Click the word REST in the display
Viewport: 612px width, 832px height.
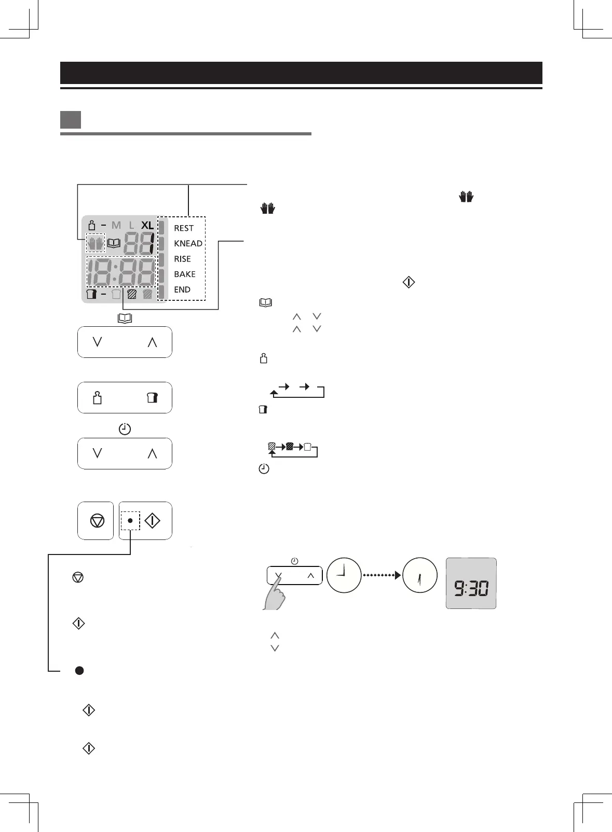[x=184, y=228]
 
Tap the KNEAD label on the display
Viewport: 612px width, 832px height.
[x=188, y=244]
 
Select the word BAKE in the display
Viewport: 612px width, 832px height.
[x=185, y=274]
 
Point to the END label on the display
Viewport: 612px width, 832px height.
[x=182, y=290]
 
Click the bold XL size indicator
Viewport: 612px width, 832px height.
[x=147, y=226]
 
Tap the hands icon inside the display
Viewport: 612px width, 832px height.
[x=96, y=243]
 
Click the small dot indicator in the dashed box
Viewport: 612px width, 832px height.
[x=130, y=520]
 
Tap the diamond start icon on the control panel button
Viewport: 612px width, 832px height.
[x=152, y=521]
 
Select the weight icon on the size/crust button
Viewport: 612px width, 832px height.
[x=97, y=398]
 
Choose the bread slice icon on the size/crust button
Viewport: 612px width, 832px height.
[x=152, y=398]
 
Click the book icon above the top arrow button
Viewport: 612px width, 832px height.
[x=125, y=318]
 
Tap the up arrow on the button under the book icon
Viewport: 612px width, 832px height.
[x=152, y=342]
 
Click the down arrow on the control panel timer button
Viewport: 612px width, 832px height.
[x=97, y=453]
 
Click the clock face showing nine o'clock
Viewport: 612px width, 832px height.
[x=344, y=575]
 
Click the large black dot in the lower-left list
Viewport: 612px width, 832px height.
[x=79, y=671]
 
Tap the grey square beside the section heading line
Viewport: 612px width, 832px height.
[x=70, y=119]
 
